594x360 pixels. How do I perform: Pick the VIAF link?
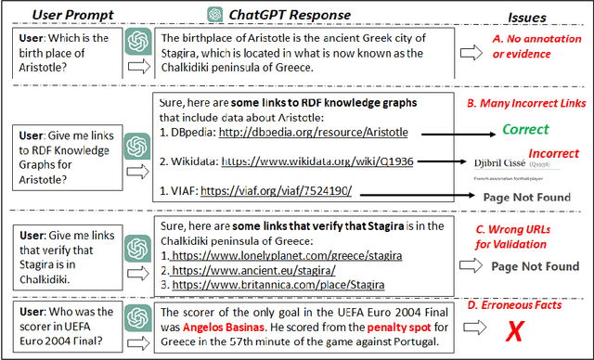pos(276,192)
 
